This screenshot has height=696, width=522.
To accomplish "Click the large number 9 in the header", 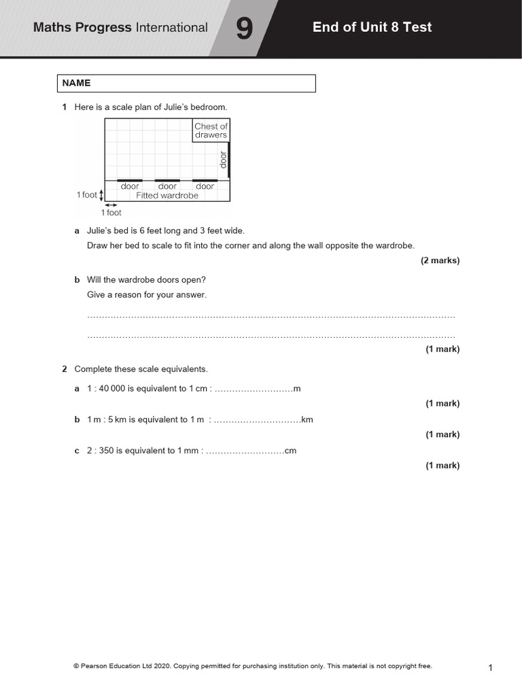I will click(244, 29).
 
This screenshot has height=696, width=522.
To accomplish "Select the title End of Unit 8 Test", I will click(372, 27).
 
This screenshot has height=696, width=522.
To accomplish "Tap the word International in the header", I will click(172, 28).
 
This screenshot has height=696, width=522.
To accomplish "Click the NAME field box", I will click(186, 83).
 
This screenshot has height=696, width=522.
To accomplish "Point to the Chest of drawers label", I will click(211, 130).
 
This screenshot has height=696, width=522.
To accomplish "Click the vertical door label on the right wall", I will click(222, 160).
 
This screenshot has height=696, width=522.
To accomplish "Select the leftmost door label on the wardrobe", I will click(130, 186).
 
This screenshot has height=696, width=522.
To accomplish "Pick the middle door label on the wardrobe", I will click(167, 186).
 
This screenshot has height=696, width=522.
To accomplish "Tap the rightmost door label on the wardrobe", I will click(205, 186).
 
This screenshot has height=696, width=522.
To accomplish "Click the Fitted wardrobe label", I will click(167, 196).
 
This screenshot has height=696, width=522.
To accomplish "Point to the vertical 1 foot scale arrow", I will click(101, 195).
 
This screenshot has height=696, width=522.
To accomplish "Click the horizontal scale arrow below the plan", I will click(111, 205).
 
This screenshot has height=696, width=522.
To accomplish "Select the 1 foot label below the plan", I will click(111, 213).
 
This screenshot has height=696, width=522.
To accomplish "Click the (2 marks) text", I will click(440, 260).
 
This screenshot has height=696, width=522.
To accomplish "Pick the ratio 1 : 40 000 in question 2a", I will click(106, 389).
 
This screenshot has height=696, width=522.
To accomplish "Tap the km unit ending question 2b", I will click(307, 420).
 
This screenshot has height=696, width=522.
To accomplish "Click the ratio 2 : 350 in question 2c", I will click(101, 451).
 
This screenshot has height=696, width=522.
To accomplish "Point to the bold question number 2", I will click(65, 369).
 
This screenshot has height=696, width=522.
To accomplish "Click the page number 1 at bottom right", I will click(490, 668).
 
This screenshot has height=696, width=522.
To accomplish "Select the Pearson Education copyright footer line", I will click(252, 666).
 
